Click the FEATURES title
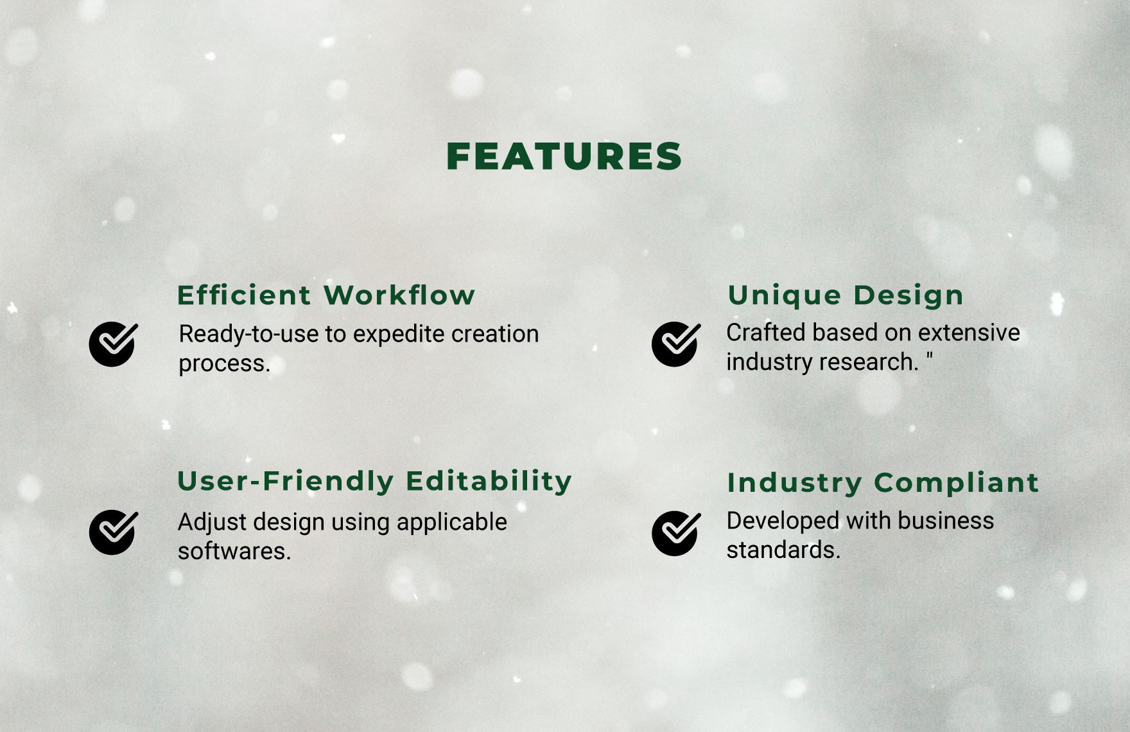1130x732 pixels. [x=564, y=157]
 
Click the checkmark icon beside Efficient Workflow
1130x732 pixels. [x=113, y=344]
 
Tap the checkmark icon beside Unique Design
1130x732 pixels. [x=675, y=344]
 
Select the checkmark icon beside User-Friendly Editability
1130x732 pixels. [x=113, y=532]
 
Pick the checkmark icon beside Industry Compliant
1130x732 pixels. [x=675, y=533]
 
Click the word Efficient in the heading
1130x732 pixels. [x=244, y=295]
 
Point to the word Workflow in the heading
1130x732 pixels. [x=399, y=295]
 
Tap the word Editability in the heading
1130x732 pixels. [x=489, y=481]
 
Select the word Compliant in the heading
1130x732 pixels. [x=956, y=483]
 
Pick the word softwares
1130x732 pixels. [x=234, y=552]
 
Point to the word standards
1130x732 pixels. [x=783, y=550]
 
